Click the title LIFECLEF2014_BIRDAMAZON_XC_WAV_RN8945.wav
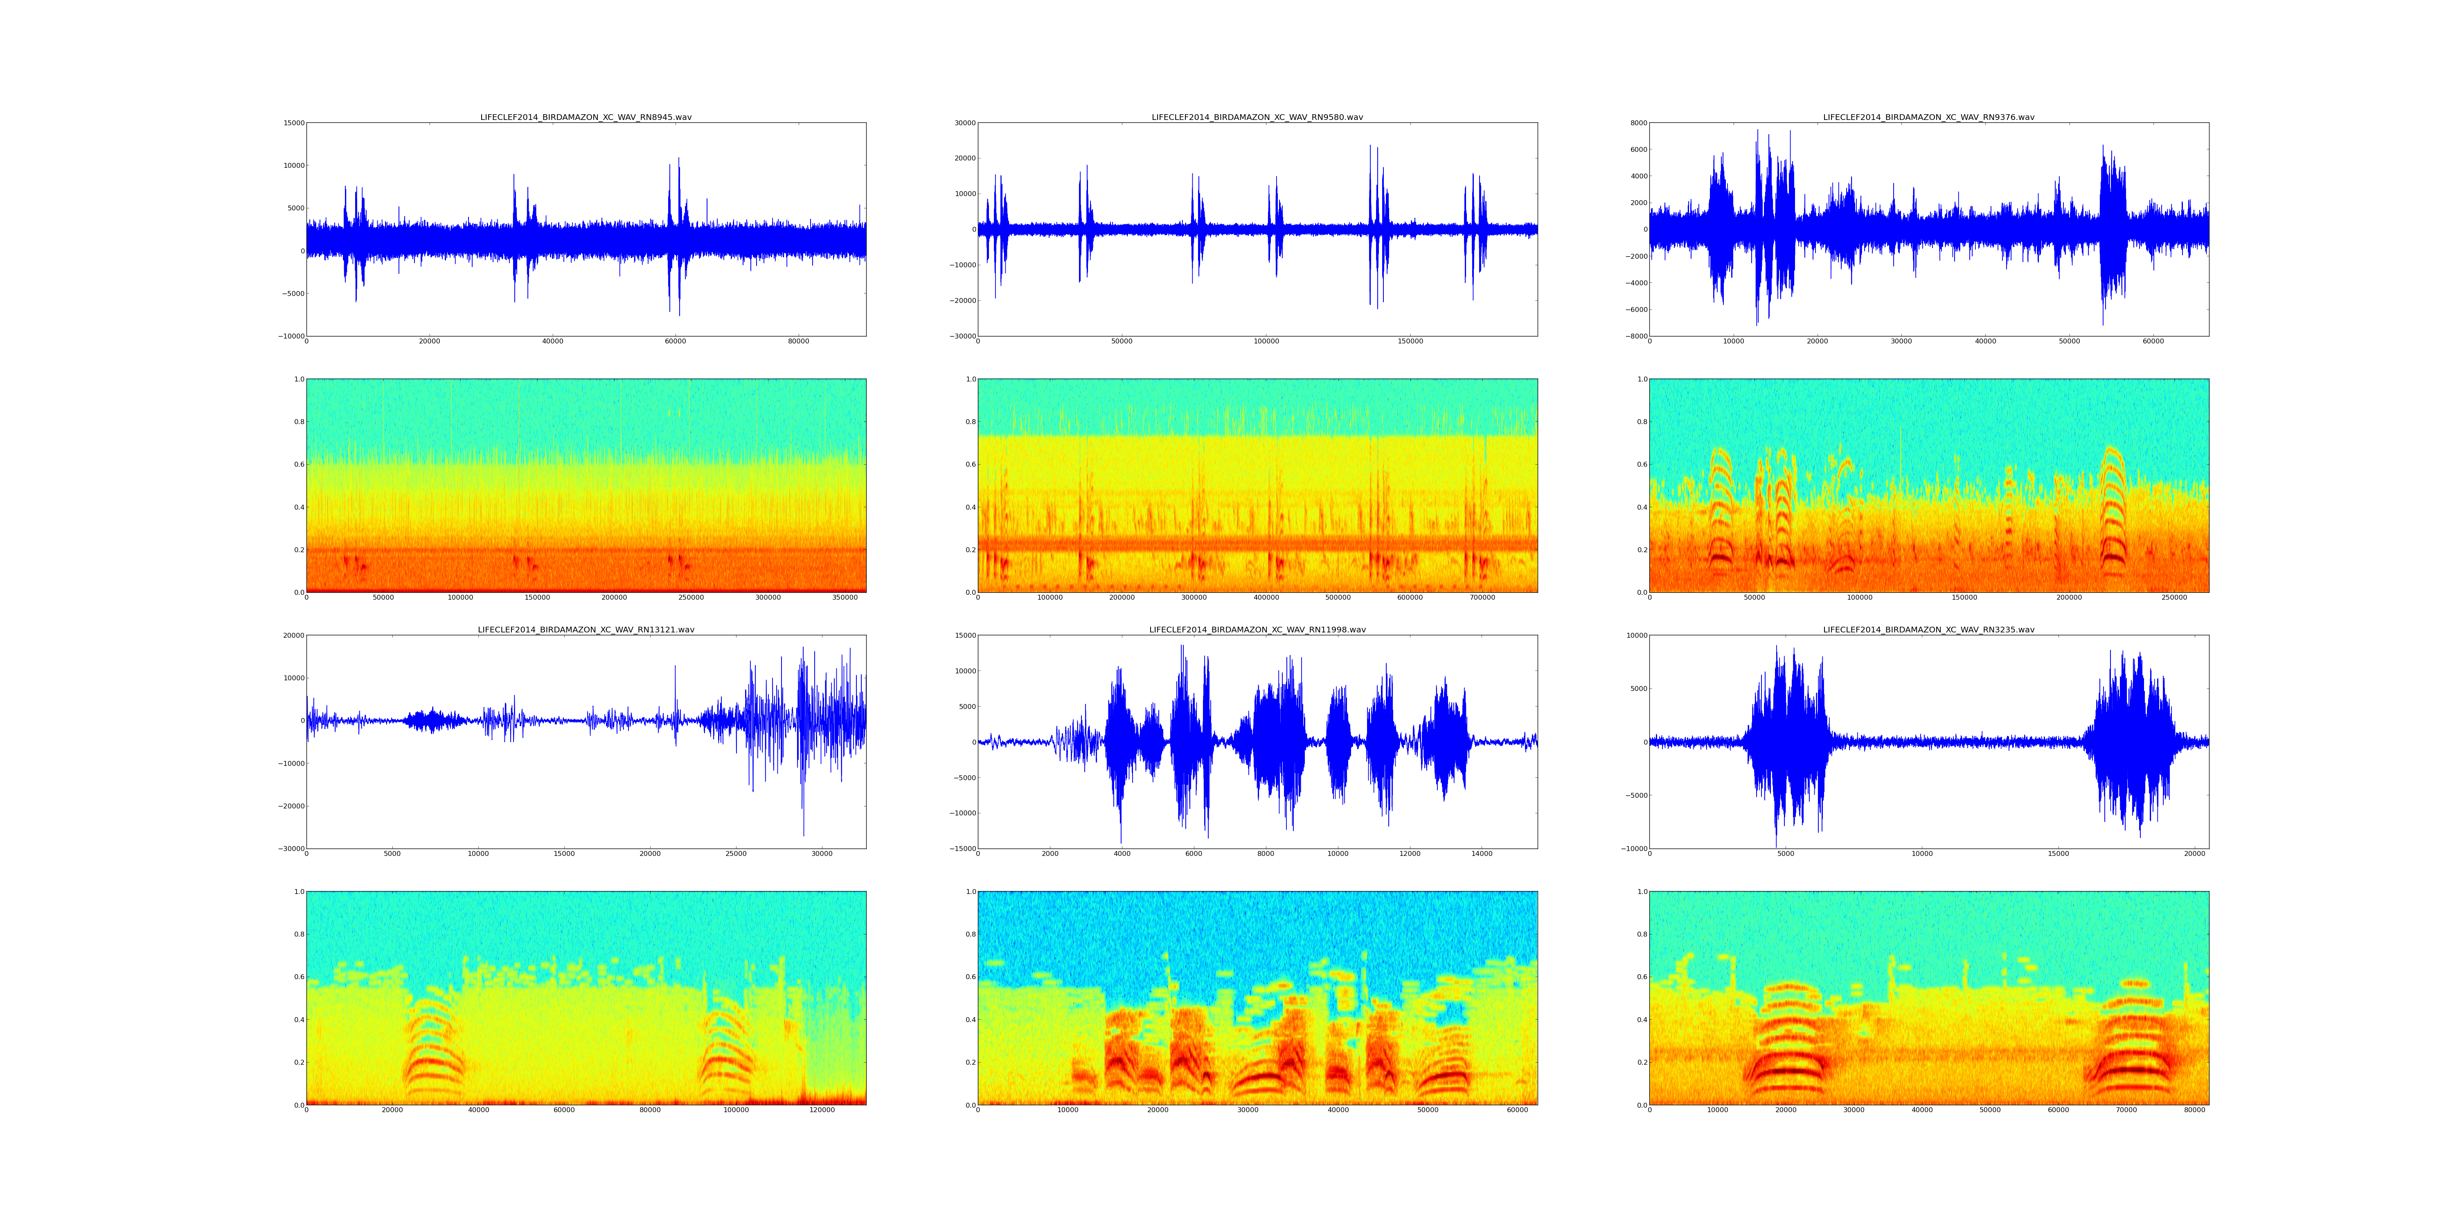585,117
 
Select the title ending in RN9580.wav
1257,117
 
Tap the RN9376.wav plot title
1928,117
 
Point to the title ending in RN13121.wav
585,629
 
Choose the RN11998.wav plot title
1257,629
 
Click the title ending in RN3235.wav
1928,629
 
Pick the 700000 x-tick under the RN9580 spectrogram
1482,598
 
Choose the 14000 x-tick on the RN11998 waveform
1482,854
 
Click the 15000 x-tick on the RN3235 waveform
2059,854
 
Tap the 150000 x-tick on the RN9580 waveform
1410,341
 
